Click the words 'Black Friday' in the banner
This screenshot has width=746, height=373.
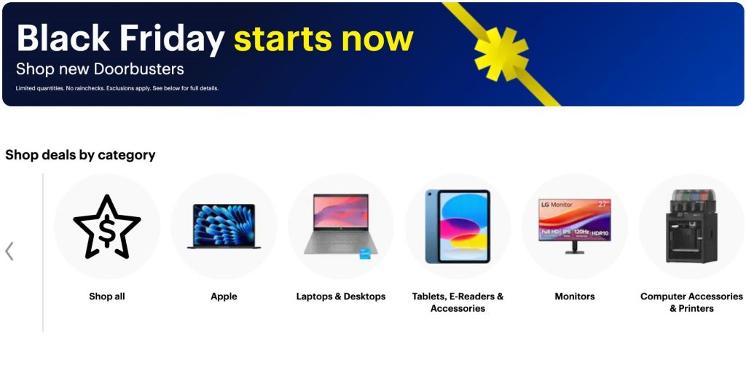(x=120, y=39)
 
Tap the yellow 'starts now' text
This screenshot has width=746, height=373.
(x=323, y=39)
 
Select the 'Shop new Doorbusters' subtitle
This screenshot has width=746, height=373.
(x=100, y=70)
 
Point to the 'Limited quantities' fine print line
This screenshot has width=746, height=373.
(x=117, y=88)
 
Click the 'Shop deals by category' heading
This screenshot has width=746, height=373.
(x=80, y=154)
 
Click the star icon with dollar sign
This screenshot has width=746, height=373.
(x=107, y=227)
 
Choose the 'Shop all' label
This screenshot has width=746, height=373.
(x=107, y=297)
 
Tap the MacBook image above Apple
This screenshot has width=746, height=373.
(x=224, y=227)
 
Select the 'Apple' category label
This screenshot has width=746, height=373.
(x=224, y=297)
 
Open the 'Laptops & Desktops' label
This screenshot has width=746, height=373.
(x=341, y=297)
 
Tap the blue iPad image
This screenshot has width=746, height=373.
(x=458, y=227)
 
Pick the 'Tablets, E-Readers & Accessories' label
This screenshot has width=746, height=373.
(x=458, y=302)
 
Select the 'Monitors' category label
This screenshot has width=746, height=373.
(x=575, y=297)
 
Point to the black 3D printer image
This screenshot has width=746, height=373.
(x=691, y=227)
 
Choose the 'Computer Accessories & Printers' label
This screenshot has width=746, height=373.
(x=691, y=302)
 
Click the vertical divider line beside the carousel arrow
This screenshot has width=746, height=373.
(x=43, y=252)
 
